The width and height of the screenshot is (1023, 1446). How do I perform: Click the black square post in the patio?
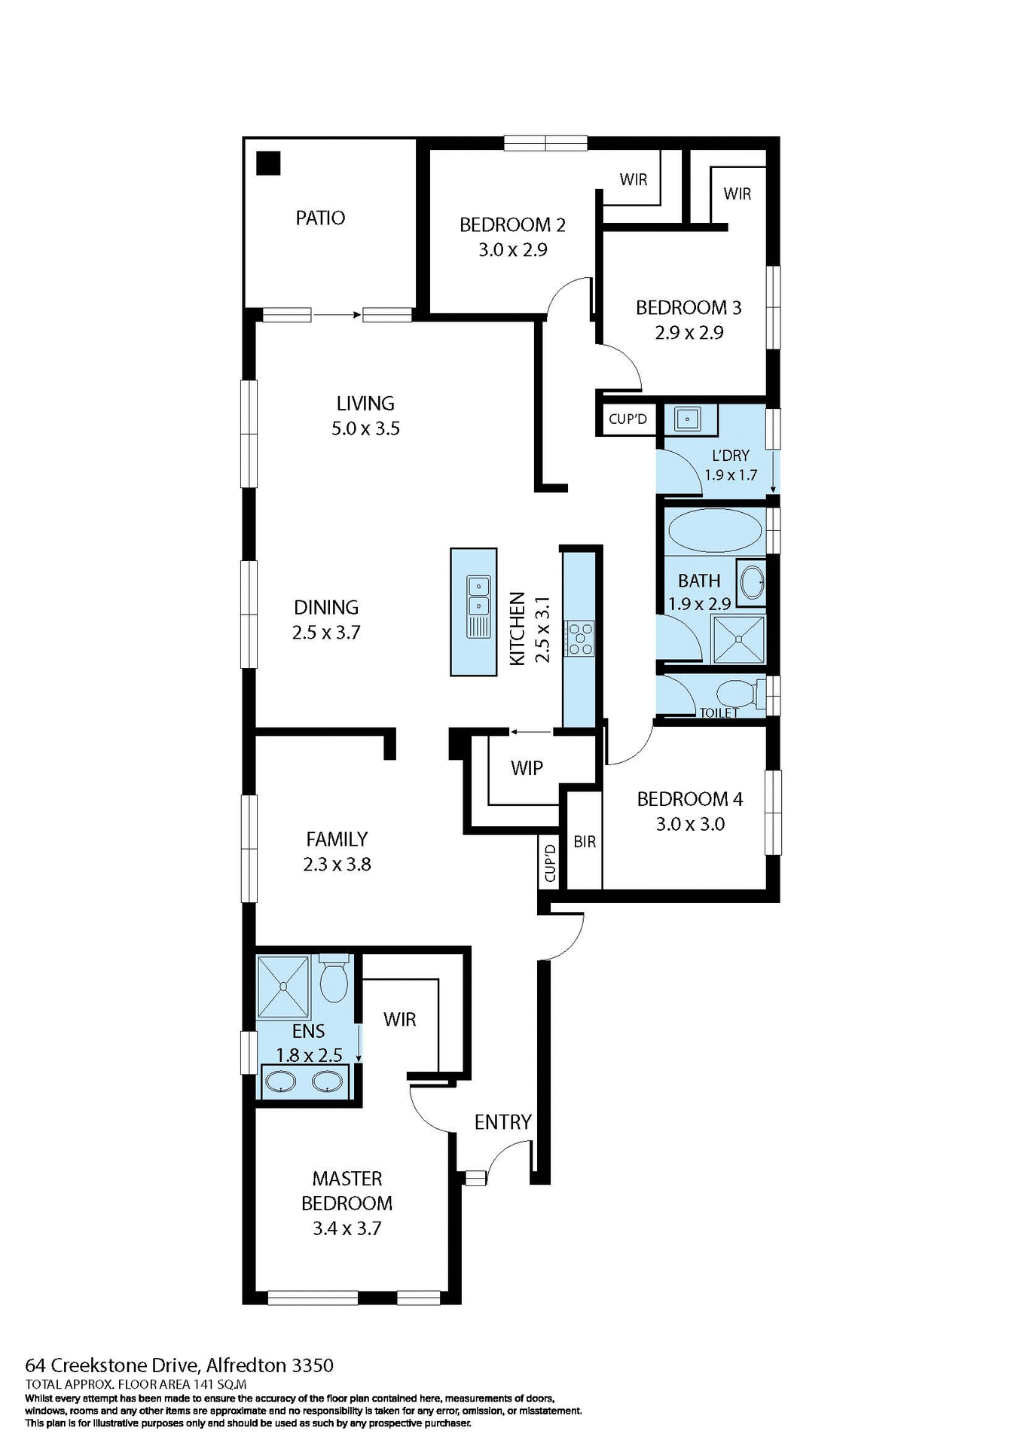coord(268,163)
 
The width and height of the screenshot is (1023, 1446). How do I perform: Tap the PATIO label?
coord(320,218)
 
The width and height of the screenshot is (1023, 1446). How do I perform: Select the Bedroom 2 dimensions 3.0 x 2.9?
coord(512,250)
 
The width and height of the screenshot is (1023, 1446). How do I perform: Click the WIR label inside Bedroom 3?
coord(737,194)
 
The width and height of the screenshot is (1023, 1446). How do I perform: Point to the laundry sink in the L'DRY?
coord(688,418)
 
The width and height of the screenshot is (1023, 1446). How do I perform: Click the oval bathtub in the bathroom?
coord(715,531)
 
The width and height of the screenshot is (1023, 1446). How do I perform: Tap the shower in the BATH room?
coord(738,640)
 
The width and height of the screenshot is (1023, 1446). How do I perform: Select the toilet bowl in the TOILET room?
coord(735,693)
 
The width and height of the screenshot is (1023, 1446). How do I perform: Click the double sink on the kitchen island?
coord(478,596)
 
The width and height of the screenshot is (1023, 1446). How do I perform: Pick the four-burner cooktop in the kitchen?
coord(580,637)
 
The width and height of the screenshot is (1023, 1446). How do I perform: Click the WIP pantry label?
coord(527,768)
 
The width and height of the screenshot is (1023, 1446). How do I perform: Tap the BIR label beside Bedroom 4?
coord(585,842)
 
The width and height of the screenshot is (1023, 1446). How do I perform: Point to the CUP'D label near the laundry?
coord(628,419)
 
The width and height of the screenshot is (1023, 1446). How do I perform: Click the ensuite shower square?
coord(283,987)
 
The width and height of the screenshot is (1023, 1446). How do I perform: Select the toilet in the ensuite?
coord(333,980)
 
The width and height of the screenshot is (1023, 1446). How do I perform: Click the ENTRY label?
coord(502,1122)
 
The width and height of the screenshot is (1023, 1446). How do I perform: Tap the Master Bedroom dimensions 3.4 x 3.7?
coord(347,1228)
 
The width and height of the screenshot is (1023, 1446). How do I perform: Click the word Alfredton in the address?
coord(246,1365)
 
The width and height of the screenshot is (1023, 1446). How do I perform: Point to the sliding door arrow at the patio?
coord(336,315)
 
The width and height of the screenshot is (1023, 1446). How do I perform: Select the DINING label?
coord(326,608)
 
